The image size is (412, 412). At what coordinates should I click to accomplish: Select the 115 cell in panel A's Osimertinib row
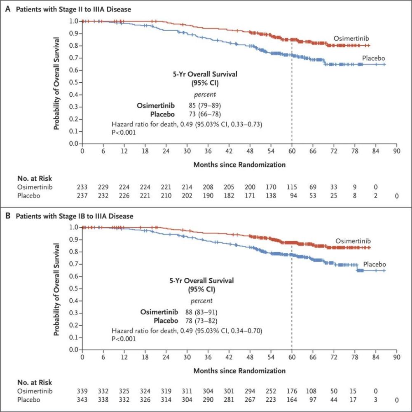pyautogui.click(x=292, y=188)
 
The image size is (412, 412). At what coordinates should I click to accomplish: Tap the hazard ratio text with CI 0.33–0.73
pyautogui.click(x=187, y=124)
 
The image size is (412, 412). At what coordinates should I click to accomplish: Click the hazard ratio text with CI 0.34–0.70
pyautogui.click(x=187, y=330)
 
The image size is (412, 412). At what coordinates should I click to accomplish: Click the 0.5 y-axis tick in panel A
pyautogui.click(x=73, y=82)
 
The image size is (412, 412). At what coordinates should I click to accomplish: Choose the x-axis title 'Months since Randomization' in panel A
pyautogui.click(x=239, y=165)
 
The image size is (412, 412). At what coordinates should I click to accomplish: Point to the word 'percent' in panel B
pyautogui.click(x=201, y=301)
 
